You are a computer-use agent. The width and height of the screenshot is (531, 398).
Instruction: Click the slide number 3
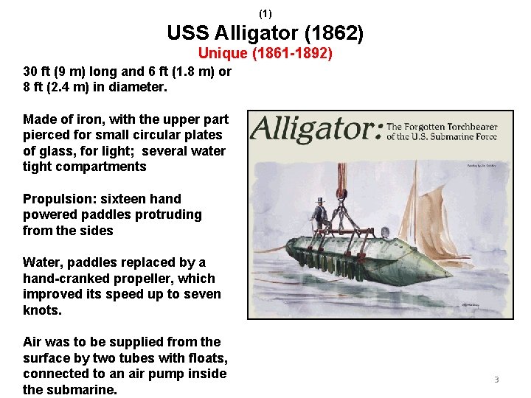(x=496, y=380)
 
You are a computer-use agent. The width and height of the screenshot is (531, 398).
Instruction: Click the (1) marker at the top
(x=265, y=13)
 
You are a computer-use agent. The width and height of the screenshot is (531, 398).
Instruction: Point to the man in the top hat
(x=319, y=214)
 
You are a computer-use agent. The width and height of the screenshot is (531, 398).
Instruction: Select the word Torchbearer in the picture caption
(x=471, y=127)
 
